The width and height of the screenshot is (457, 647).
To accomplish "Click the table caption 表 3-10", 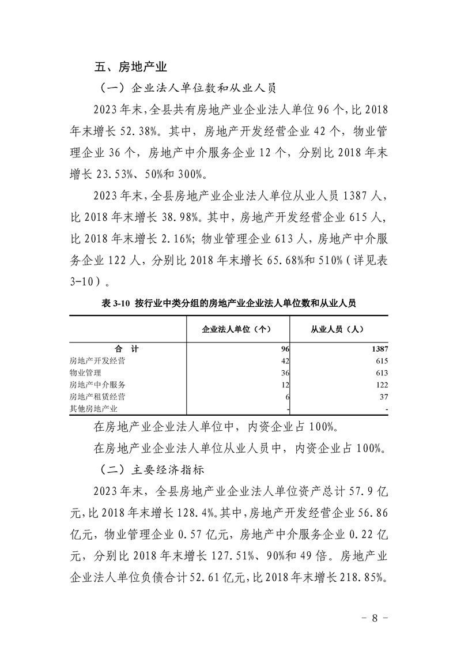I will (x=229, y=303).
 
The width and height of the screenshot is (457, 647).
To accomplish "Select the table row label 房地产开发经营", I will (x=97, y=360).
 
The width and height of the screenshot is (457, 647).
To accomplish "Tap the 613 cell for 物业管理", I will (x=381, y=373).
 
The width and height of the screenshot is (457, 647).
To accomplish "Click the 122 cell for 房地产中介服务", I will (x=381, y=385).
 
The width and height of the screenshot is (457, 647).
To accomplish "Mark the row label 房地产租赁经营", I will (x=97, y=397).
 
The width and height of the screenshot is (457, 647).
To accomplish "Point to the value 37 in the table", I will (x=384, y=397).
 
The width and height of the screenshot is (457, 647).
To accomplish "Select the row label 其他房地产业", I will (x=93, y=409).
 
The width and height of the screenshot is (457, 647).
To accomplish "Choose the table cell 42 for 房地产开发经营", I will (x=284, y=360).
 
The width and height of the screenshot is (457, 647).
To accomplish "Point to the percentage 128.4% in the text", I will (x=196, y=513).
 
